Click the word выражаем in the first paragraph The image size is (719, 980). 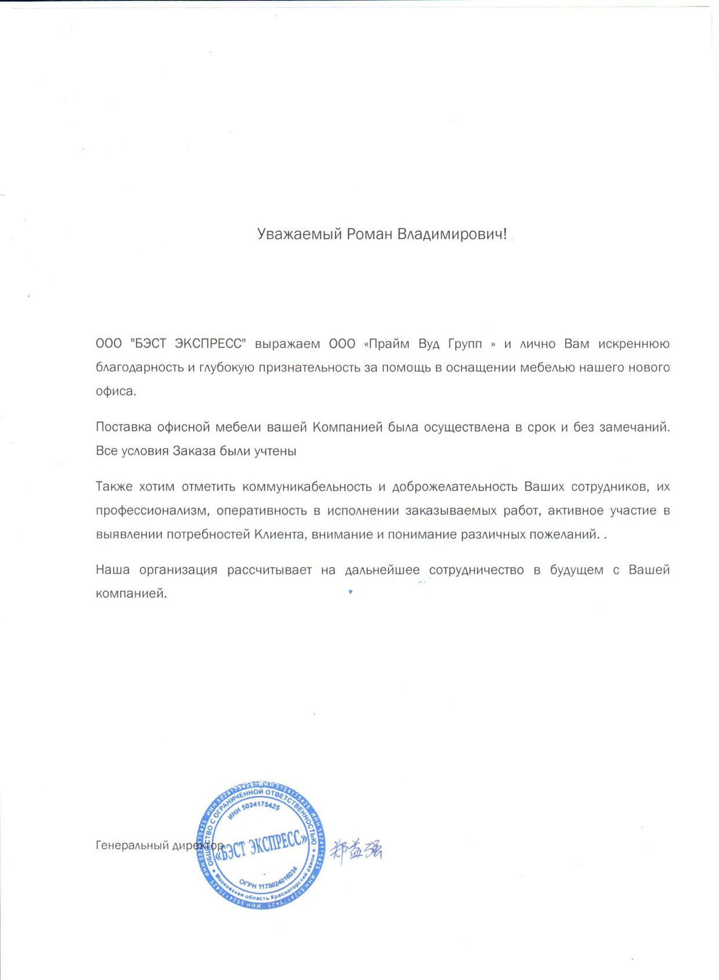(288, 344)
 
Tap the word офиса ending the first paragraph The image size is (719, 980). (115, 392)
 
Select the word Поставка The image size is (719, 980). (122, 428)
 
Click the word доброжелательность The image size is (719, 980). (455, 487)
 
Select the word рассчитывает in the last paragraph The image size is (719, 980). (269, 570)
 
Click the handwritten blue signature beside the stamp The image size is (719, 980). (356, 850)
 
